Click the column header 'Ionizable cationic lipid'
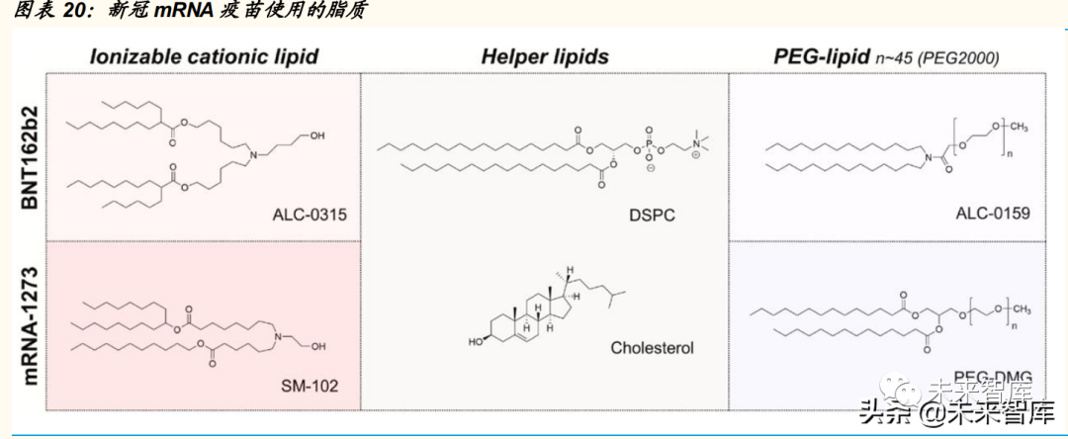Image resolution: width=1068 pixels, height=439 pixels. pos(204,56)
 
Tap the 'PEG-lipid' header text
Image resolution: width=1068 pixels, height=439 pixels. pos(820,56)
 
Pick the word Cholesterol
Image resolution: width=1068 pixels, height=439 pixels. pos(652,348)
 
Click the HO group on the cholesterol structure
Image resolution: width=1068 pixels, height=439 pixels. pos(477,343)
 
